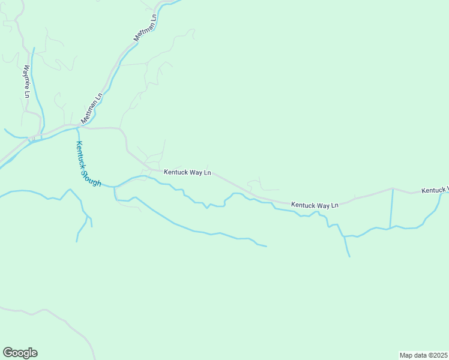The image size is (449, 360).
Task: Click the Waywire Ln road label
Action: [26, 81]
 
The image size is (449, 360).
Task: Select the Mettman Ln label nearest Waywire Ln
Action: [92, 106]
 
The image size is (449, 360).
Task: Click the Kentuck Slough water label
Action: [88, 163]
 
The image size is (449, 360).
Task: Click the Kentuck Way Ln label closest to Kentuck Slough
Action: [187, 172]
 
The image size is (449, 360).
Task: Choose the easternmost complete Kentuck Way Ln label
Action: [315, 205]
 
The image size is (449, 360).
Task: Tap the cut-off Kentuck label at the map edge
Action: [435, 190]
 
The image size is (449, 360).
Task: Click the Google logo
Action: [20, 353]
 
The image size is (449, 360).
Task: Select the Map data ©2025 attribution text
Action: [423, 355]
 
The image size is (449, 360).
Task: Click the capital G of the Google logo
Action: [8, 352]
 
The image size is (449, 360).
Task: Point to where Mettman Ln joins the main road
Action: [80, 127]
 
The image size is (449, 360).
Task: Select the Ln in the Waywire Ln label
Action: [26, 93]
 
